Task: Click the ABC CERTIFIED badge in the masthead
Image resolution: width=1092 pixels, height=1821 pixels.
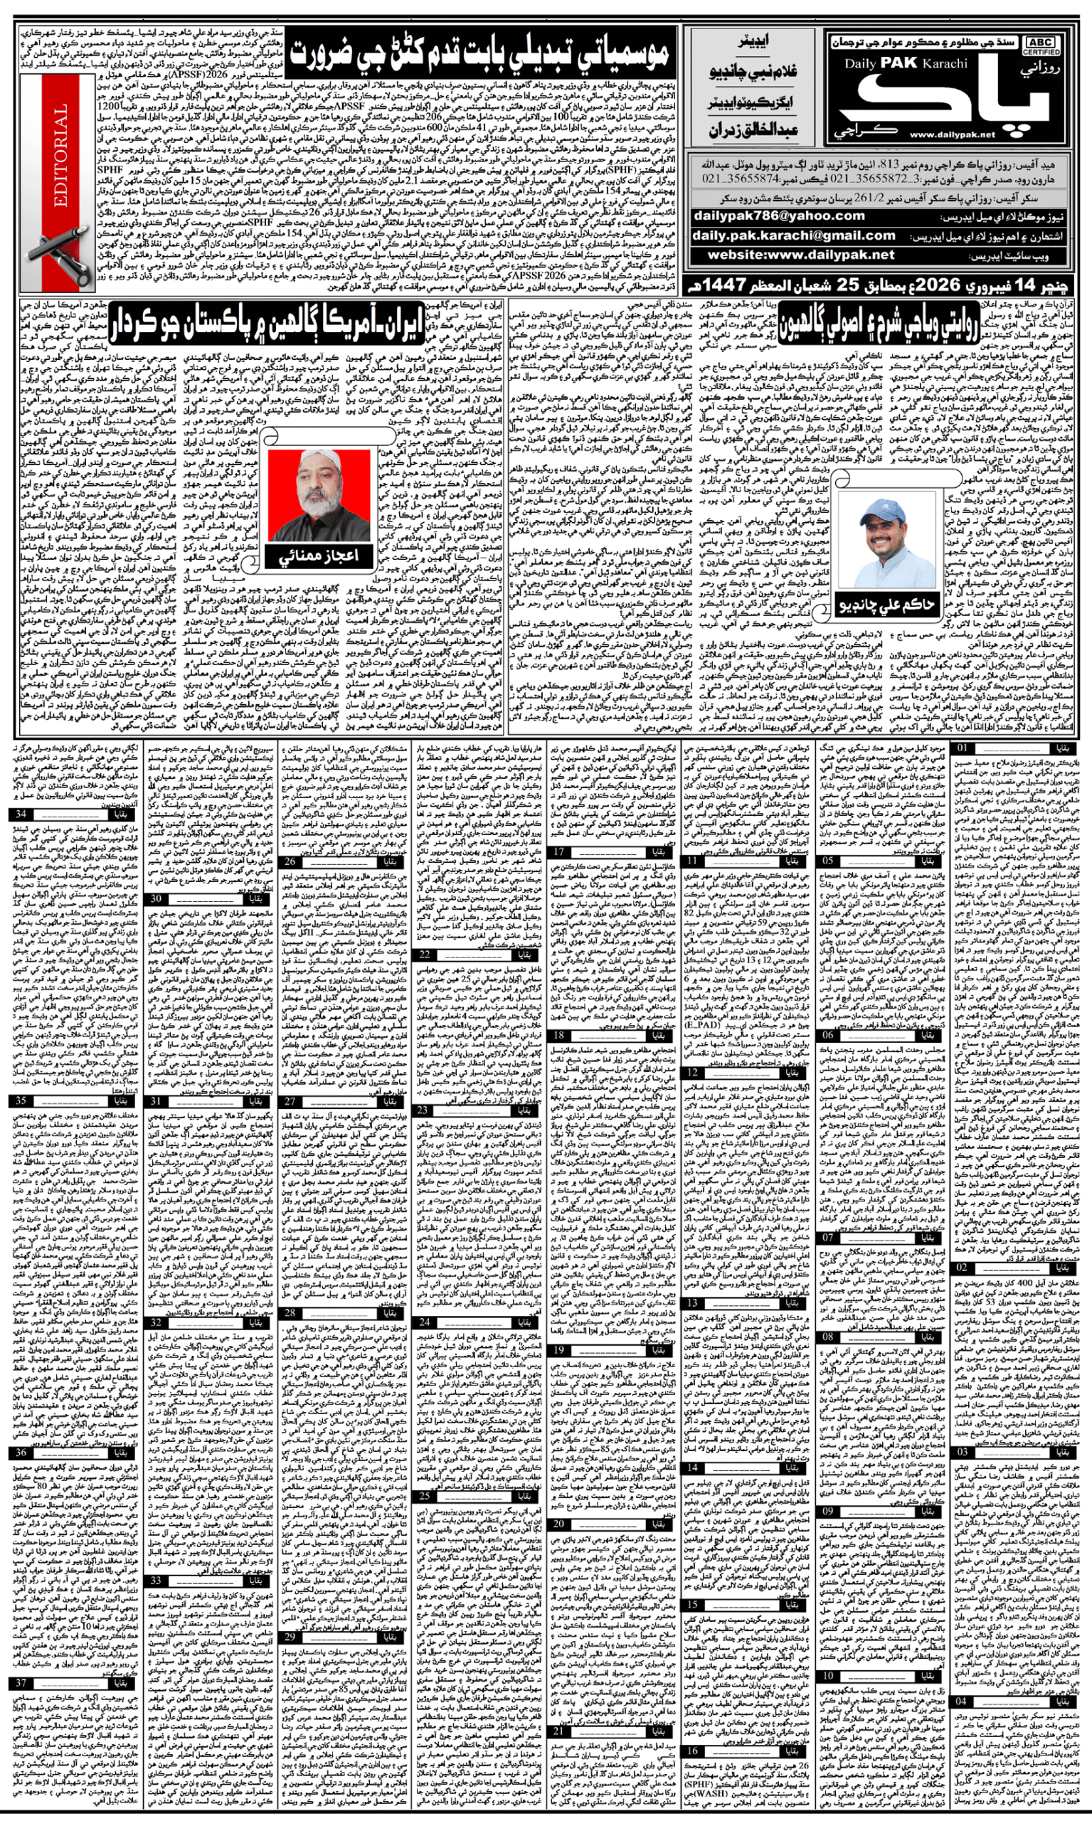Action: [1040, 46]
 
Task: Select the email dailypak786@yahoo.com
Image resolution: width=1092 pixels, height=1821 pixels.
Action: [779, 216]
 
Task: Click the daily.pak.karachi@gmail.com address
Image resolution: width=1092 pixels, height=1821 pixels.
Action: [794, 235]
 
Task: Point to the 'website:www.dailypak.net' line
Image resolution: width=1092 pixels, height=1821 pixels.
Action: [800, 255]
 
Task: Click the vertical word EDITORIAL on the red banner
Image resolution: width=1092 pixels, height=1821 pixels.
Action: [60, 154]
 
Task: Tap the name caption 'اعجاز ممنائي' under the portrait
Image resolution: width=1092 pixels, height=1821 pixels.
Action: [319, 556]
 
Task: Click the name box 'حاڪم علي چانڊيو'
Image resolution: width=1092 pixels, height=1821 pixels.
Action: [886, 605]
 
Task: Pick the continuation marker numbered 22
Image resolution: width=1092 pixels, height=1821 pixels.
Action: [425, 955]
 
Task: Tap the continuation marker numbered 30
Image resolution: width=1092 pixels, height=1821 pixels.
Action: [155, 898]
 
